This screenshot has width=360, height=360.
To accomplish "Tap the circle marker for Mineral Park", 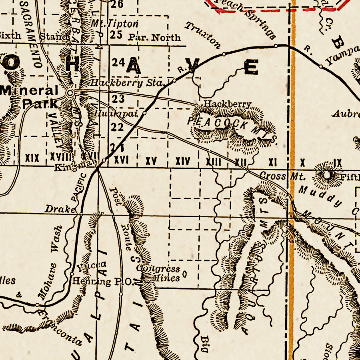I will pyautogui.click(x=70, y=93).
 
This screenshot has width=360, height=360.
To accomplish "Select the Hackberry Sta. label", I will pyautogui.click(x=128, y=83).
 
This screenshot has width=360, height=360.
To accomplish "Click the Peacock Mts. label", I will pyautogui.click(x=232, y=126).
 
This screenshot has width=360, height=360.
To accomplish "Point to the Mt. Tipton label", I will pyautogui.click(x=114, y=24).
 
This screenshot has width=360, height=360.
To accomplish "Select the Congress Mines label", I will pyautogui.click(x=159, y=273).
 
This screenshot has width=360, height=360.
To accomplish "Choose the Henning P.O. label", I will pyautogui.click(x=102, y=282).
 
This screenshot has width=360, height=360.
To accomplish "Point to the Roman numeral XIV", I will pyautogui.click(x=183, y=161).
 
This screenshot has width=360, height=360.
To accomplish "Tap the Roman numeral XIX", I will pyautogui.click(x=32, y=158).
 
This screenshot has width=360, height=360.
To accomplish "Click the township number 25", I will pyautogui.click(x=116, y=35).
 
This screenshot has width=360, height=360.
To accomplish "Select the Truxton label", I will pyautogui.click(x=203, y=35).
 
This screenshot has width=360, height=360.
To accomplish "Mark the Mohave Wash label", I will pyautogui.click(x=51, y=262).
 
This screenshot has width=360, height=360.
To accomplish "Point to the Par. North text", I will pyautogui.click(x=154, y=38).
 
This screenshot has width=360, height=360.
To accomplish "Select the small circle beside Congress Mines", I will pyautogui.click(x=184, y=274).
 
